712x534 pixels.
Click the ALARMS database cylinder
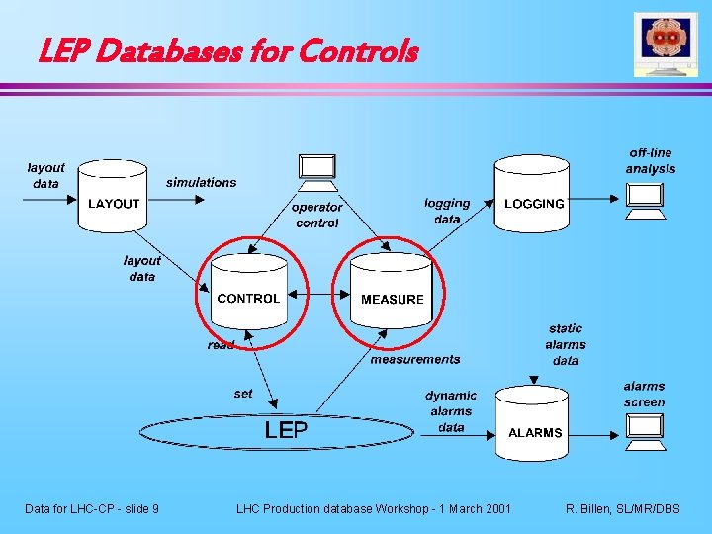(535, 426)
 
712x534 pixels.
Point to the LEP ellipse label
(286, 430)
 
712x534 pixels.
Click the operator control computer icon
(317, 170)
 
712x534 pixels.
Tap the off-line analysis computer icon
(645, 201)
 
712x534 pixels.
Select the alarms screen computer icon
(645, 429)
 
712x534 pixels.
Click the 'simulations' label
(202, 182)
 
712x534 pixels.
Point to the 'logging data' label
(447, 211)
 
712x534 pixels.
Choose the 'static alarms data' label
(566, 344)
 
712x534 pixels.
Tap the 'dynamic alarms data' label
(451, 411)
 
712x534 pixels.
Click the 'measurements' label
(415, 359)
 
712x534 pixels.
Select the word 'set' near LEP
(243, 393)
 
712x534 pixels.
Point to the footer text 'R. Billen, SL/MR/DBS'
(622, 508)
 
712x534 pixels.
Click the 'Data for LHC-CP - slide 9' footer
(92, 508)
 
